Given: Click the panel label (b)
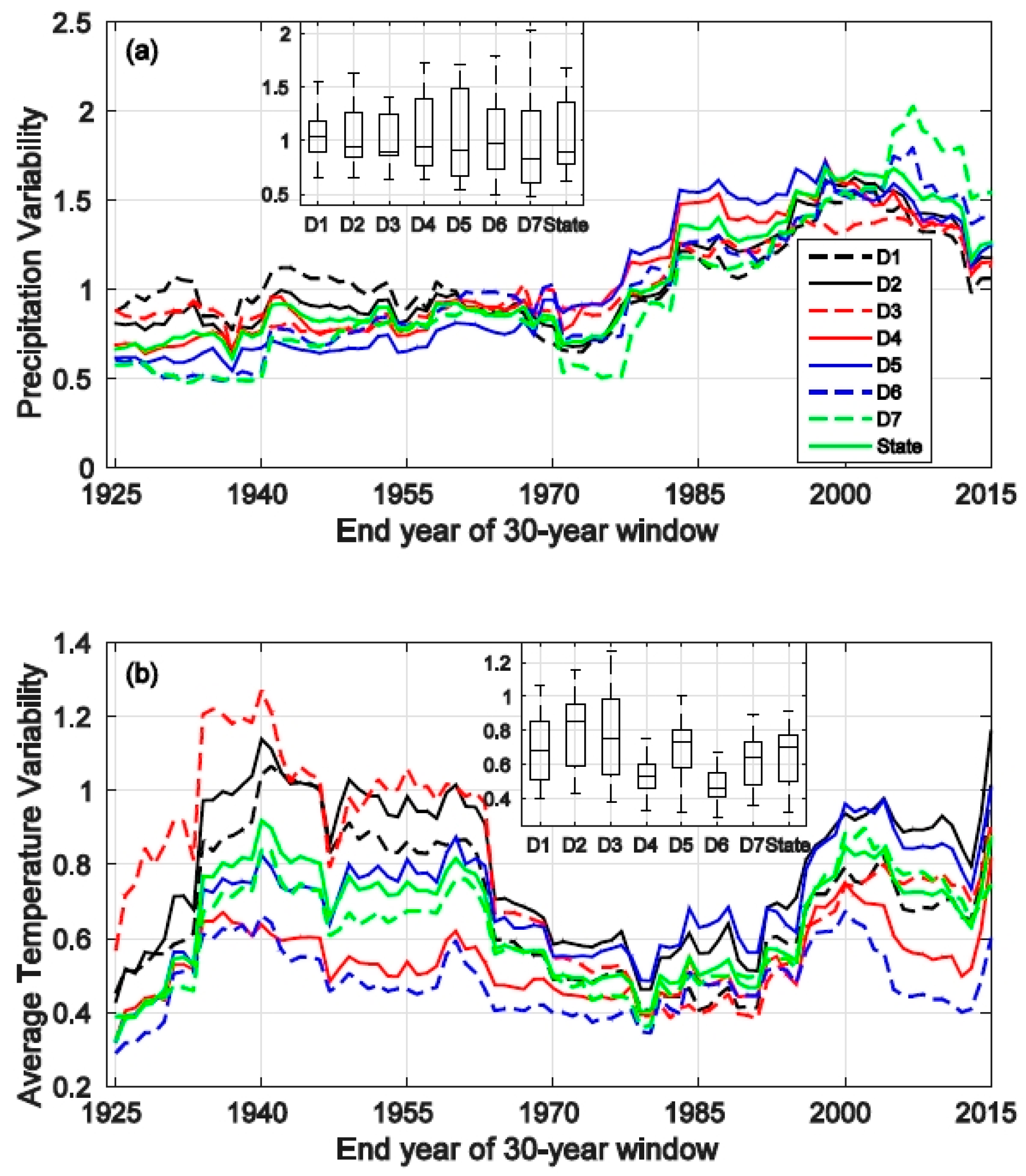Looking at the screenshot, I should (141, 674).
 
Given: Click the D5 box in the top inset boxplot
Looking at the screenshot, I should (459, 132).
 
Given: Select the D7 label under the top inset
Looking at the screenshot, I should (529, 225).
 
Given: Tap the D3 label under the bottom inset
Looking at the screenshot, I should (610, 845).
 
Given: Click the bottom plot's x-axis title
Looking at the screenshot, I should (526, 1150).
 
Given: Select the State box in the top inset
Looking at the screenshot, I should (566, 134).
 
